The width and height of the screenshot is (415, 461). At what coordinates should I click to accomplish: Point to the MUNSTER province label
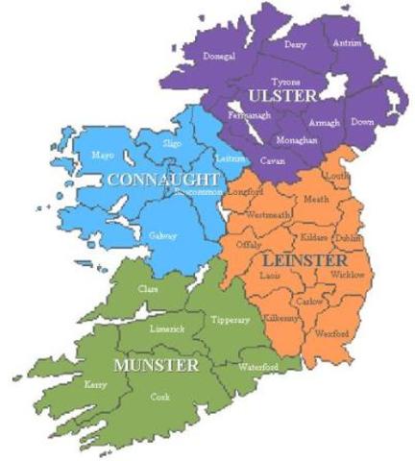tap(156, 366)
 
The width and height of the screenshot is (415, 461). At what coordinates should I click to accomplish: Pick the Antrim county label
tap(347, 44)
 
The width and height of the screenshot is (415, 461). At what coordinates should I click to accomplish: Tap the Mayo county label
tap(102, 155)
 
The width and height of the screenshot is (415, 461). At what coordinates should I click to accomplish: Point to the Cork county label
tap(159, 396)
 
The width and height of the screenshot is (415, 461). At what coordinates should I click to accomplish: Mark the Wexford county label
tap(332, 333)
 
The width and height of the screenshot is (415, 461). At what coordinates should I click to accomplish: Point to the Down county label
tap(362, 123)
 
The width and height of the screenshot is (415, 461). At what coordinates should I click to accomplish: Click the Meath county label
tap(315, 199)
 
